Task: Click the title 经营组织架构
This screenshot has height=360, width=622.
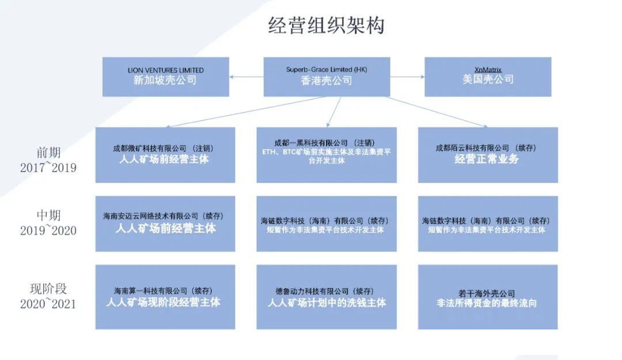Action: [x=326, y=25]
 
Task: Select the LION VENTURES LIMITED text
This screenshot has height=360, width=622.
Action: [x=166, y=70]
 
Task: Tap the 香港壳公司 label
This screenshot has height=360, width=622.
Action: [x=327, y=81]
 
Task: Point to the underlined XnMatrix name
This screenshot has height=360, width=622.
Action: [x=488, y=70]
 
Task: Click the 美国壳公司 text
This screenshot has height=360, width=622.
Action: [x=488, y=79]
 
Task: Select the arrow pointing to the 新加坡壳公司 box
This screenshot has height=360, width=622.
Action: [x=246, y=77]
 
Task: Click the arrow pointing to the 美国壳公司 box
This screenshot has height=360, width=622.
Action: [x=407, y=77]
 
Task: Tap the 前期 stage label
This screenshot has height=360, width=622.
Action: [x=48, y=153]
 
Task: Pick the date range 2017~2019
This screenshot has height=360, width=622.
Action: [x=48, y=168]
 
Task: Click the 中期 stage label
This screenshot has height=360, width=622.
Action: [x=48, y=215]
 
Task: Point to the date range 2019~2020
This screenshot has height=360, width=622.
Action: [x=48, y=230]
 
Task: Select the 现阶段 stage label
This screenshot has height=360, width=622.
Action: [x=48, y=289]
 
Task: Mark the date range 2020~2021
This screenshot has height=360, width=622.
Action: [x=48, y=304]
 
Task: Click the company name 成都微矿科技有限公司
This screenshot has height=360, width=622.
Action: [x=150, y=149]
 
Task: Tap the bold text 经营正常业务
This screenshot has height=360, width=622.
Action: [x=487, y=159]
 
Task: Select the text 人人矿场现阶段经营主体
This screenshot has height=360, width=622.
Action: [x=163, y=302]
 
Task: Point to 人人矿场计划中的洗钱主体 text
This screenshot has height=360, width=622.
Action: [x=327, y=303]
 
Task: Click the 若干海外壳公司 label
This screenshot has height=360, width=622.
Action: [x=487, y=294]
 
